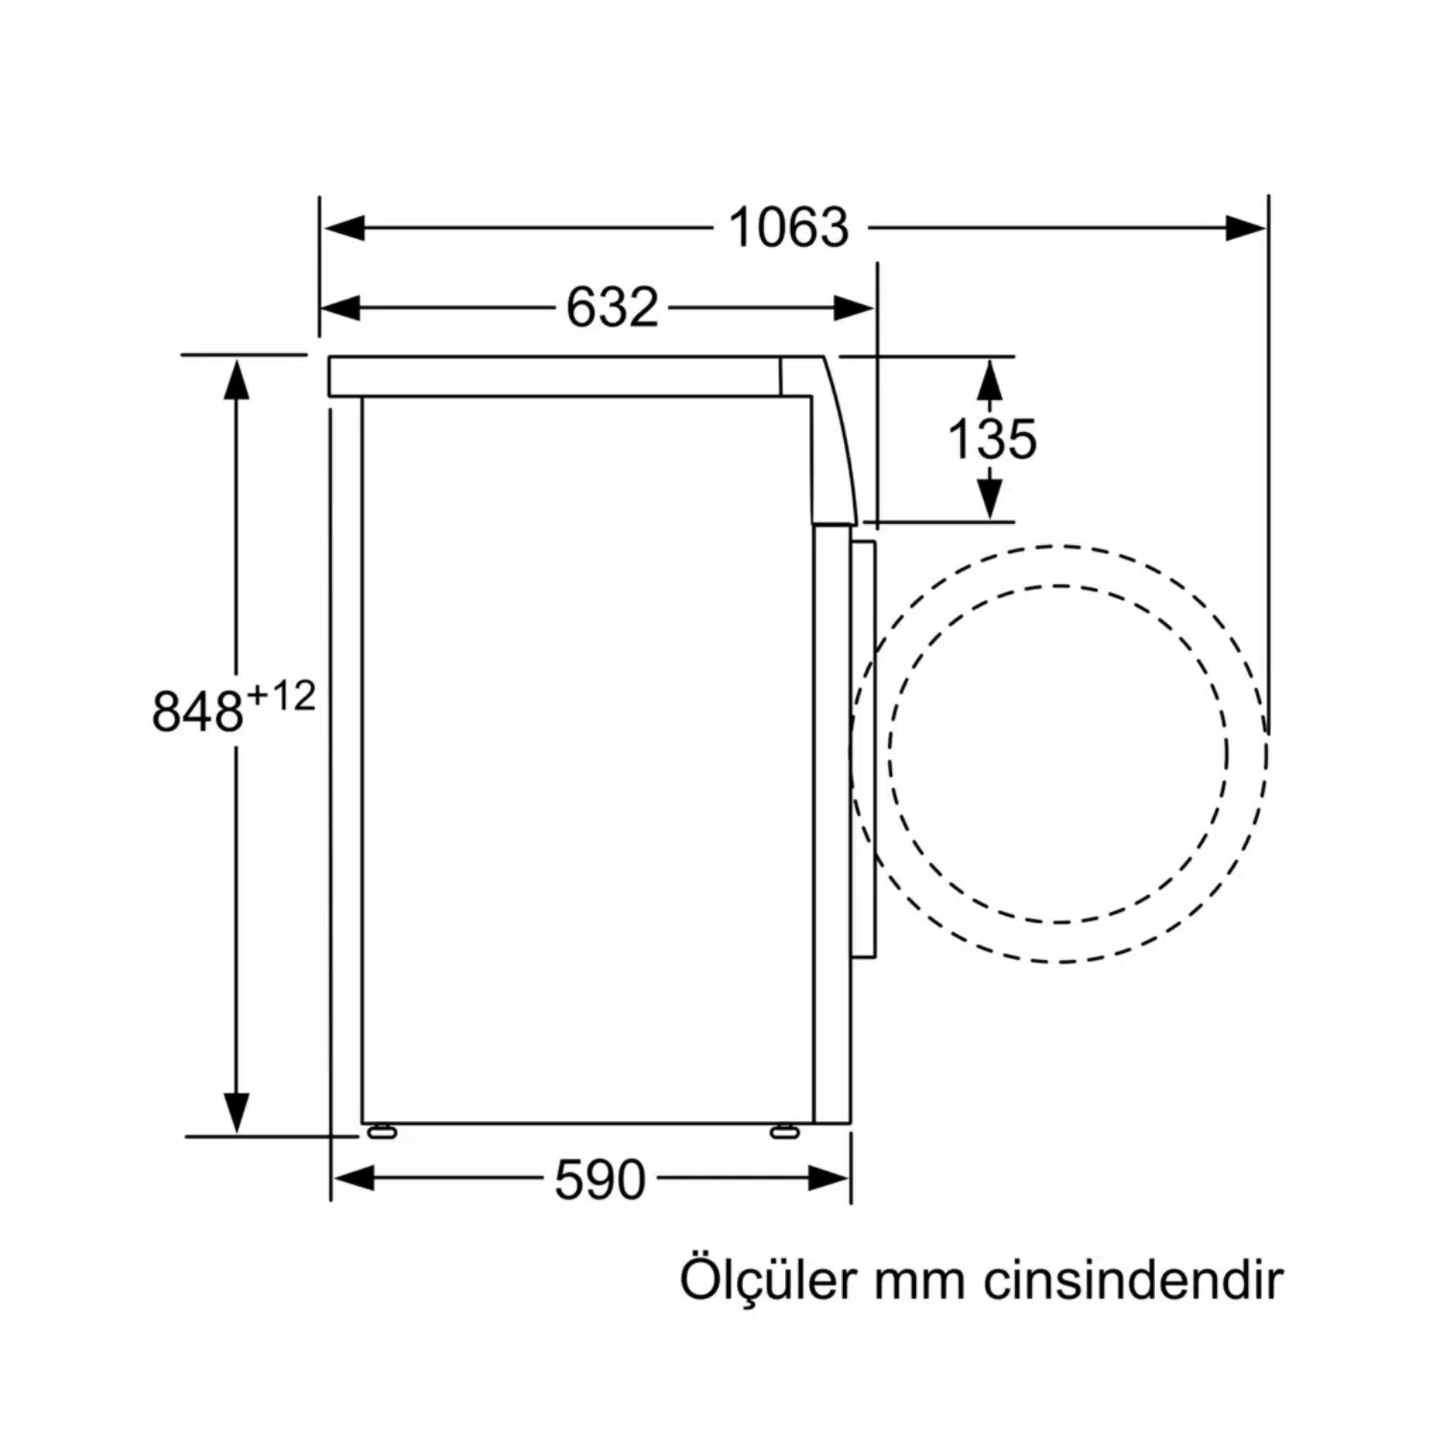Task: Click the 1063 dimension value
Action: (x=789, y=228)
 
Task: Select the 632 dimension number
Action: (x=612, y=308)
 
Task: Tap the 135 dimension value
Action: (x=992, y=439)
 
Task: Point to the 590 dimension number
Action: (x=600, y=1179)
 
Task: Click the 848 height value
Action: (x=198, y=711)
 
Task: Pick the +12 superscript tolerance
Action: (x=281, y=696)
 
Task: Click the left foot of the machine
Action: (x=381, y=1131)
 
